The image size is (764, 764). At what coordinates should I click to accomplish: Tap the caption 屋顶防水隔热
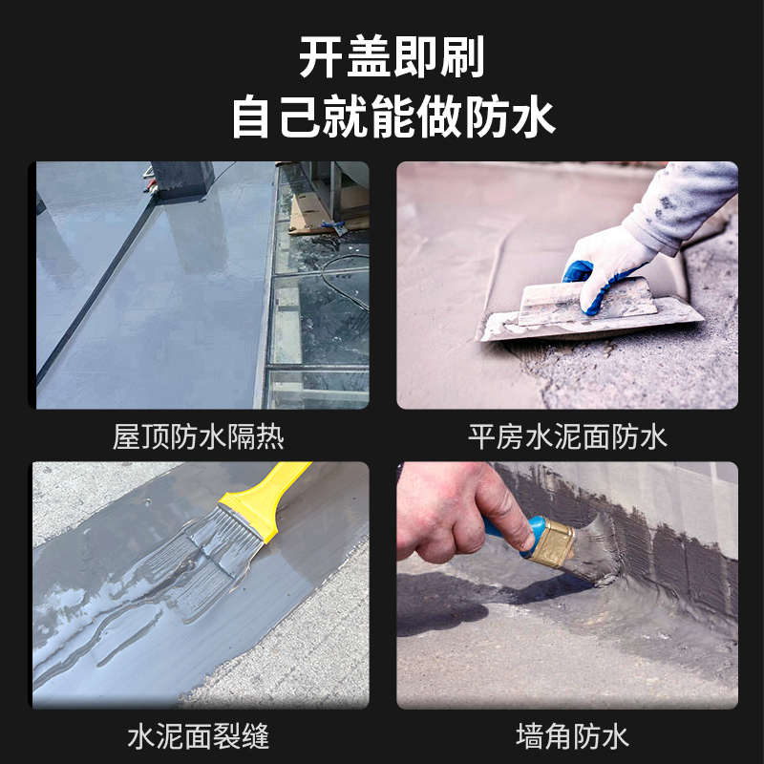coord(199,437)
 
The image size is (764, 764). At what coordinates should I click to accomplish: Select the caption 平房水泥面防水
coord(567,437)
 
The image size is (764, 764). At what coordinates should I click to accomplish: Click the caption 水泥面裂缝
coord(199,736)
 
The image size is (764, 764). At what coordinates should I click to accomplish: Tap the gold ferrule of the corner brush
coord(553,543)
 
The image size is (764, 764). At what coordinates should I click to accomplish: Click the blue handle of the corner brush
coord(516,531)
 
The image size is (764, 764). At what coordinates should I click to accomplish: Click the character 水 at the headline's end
coord(531,118)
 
